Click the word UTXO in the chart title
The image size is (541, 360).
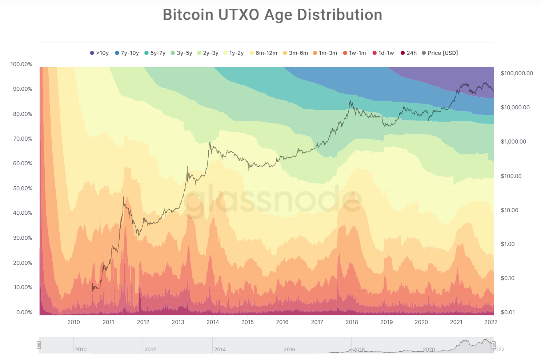pos(238,15)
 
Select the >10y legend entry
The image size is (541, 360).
pos(99,53)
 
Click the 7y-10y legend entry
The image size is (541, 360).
pos(127,53)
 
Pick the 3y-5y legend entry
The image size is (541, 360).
pos(181,53)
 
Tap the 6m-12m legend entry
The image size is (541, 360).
pos(263,53)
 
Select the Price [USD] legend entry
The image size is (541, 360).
pos(440,53)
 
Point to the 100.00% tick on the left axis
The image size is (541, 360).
pos(21,64)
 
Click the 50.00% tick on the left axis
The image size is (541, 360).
pos(23,188)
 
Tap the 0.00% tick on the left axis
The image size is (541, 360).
pos(24,312)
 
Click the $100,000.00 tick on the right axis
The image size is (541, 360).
pos(517,73)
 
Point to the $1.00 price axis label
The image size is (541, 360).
pos(508,244)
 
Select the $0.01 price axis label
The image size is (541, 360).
pos(508,312)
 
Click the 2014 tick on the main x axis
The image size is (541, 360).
pos(213,322)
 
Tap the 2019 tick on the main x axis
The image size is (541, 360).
pos(386,322)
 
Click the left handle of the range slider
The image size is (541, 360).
pos(39,345)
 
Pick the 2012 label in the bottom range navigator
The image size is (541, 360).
pos(150,349)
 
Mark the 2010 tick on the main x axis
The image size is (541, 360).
pos(74,322)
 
